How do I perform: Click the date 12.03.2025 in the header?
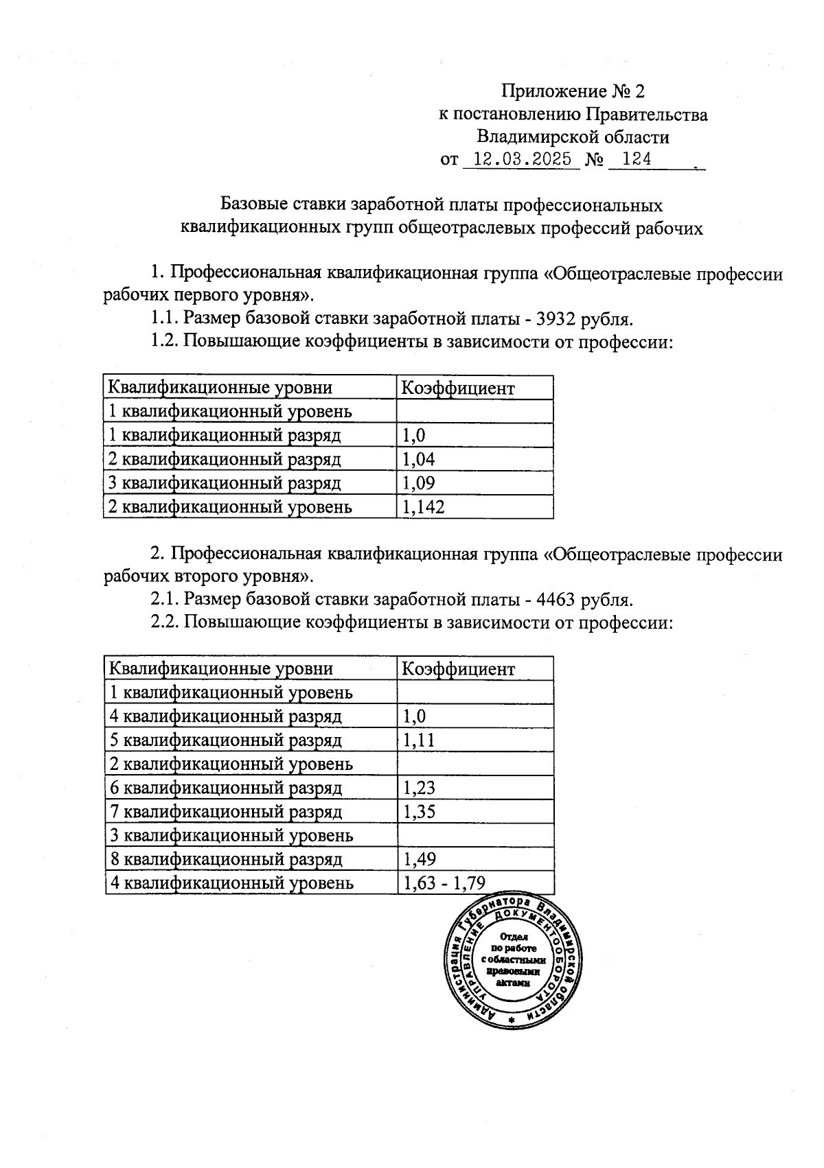coord(523,160)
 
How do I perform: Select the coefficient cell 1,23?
coord(419,788)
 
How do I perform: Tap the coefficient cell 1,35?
coord(419,812)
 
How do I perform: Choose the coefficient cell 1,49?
coord(419,859)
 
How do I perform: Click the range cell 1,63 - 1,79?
coord(444,883)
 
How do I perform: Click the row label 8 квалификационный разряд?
coord(226,859)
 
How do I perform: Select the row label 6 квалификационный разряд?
coord(226,788)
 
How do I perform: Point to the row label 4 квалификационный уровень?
coord(232,883)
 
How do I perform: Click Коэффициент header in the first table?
coord(457,388)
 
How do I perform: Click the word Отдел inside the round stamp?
coord(514,937)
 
